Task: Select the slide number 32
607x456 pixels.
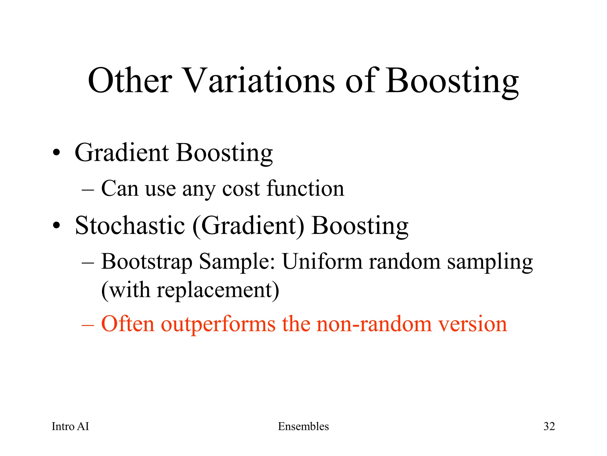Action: coord(549,426)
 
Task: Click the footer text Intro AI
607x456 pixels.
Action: coord(70,426)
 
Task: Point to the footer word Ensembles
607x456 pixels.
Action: coord(303,426)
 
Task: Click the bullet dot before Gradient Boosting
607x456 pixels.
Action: coord(56,153)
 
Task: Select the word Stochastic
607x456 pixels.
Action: coord(130,226)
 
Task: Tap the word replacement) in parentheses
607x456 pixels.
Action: coord(218,290)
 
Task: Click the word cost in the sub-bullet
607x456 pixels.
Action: coord(241,189)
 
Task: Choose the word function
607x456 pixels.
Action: coord(305,188)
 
